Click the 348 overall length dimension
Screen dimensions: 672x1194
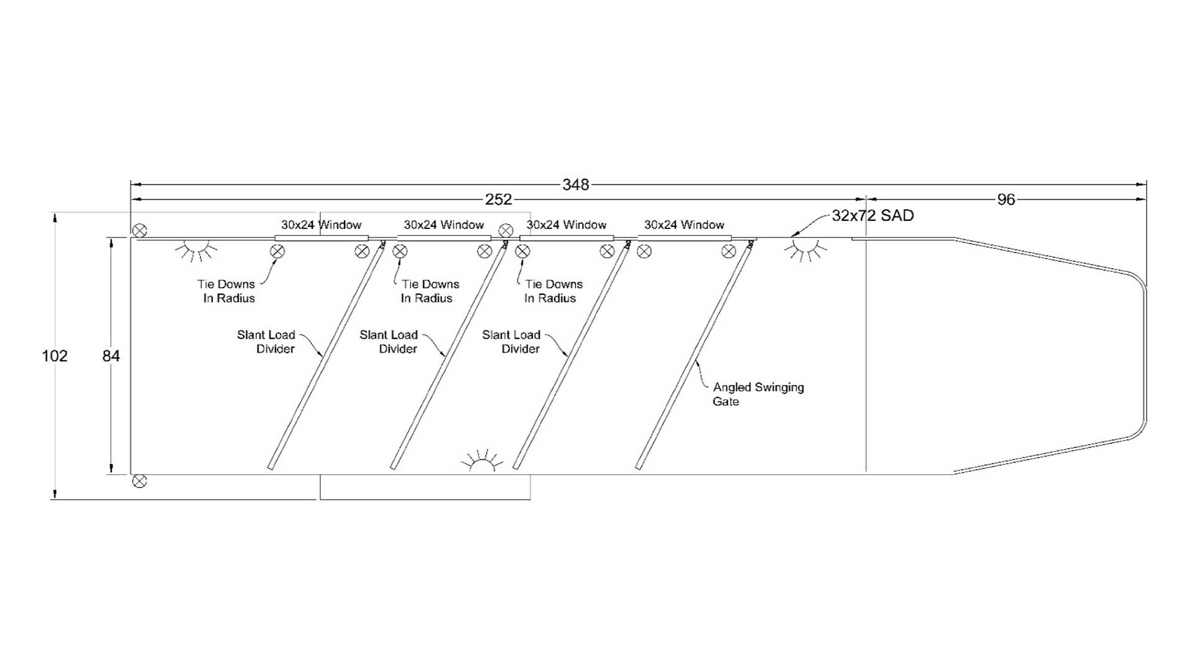575,185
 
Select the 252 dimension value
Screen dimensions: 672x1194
498,200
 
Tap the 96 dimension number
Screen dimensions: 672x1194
1006,200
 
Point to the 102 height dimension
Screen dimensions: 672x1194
55,356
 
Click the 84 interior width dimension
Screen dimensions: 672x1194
111,356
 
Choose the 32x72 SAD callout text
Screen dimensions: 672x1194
872,216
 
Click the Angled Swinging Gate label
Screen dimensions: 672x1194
757,394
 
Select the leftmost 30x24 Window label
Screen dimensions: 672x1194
321,225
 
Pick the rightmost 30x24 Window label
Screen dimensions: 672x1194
684,225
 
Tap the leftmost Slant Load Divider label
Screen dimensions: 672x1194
266,342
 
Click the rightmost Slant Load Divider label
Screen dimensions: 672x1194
511,342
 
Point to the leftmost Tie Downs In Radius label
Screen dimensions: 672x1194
226,291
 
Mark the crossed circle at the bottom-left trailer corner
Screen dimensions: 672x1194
140,481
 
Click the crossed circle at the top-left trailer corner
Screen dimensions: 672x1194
140,231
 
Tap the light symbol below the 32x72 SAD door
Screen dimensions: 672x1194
805,249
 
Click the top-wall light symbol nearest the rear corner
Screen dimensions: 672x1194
196,249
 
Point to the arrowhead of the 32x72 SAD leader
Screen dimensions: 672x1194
792,236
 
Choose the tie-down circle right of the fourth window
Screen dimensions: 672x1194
729,251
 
